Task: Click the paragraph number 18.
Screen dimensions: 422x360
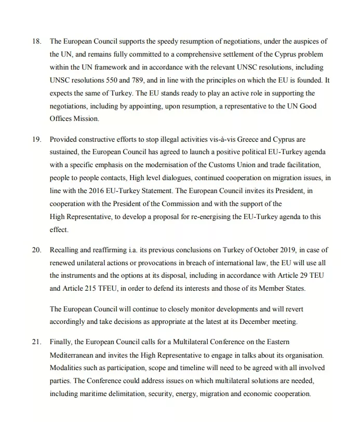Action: (x=36, y=41)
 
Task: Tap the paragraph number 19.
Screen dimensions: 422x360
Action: (x=36, y=140)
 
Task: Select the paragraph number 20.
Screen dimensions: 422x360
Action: (x=36, y=250)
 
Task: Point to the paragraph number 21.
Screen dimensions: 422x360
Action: (x=36, y=342)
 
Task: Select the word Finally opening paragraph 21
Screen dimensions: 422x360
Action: (x=61, y=342)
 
